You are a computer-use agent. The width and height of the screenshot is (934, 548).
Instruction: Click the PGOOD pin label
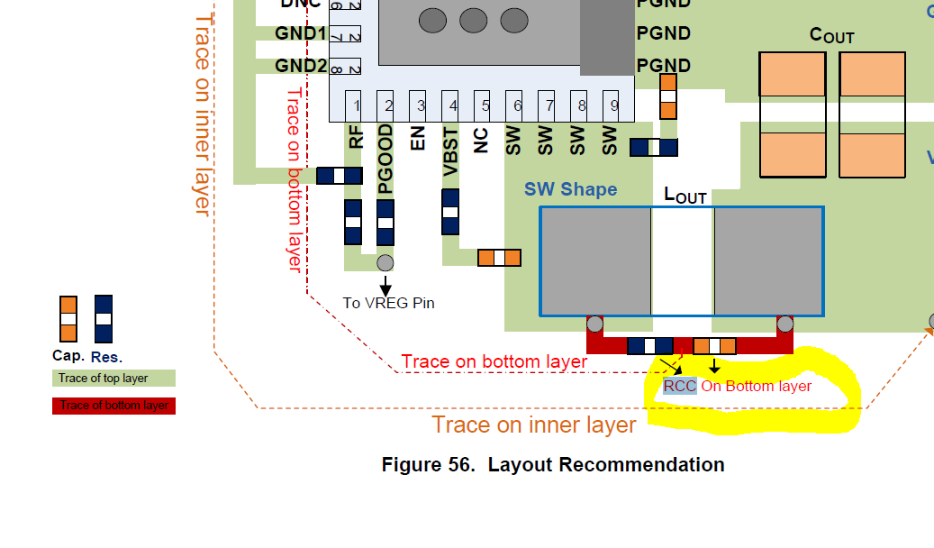(385, 160)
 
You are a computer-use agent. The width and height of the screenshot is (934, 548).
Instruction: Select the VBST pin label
(450, 151)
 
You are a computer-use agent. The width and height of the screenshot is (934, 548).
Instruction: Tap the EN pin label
(418, 139)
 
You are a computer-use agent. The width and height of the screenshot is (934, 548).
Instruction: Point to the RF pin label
(357, 137)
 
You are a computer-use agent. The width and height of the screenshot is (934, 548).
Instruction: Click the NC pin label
(482, 139)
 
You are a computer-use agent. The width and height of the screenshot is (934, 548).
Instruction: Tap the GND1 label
(301, 33)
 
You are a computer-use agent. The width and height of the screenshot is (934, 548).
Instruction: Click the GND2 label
(301, 66)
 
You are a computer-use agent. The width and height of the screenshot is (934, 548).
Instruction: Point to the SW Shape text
(570, 189)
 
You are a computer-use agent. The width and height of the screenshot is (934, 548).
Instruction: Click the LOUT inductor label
(685, 195)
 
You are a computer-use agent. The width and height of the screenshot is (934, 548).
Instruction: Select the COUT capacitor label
(831, 36)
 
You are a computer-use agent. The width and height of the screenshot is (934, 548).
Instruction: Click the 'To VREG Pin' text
(388, 303)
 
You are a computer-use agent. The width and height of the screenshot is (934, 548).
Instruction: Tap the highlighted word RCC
(680, 387)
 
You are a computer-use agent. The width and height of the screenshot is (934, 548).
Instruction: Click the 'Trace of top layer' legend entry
(113, 378)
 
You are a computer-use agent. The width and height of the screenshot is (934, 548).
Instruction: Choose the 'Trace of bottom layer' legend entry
(113, 406)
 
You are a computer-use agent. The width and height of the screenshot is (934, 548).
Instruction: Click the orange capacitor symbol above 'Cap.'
(68, 319)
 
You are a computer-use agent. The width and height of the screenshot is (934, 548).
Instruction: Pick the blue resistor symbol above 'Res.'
(104, 319)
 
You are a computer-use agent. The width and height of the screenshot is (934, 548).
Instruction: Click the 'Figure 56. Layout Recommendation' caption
(552, 465)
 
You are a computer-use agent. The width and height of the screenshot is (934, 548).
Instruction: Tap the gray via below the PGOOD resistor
(385, 262)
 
